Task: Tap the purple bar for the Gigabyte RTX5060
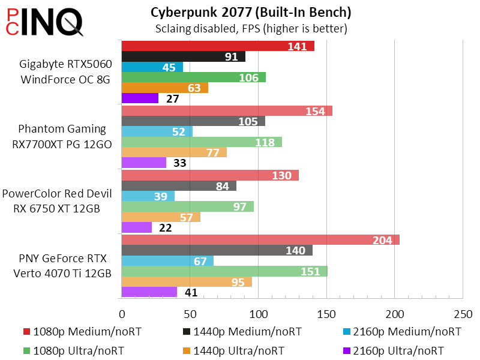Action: [140, 98]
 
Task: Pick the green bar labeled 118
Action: [202, 142]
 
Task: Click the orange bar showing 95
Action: [187, 281]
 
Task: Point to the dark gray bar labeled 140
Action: [217, 250]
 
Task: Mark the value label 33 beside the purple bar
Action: [180, 163]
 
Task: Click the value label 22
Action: [166, 227]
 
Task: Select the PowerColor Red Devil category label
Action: [58, 201]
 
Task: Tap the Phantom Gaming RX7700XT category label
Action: [62, 136]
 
